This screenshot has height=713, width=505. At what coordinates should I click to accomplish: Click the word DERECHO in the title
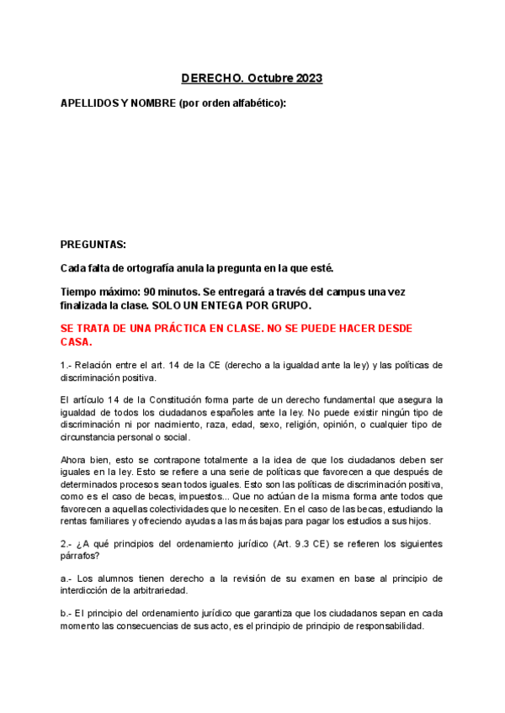coord(211,78)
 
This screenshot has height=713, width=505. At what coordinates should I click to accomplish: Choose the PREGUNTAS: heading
coord(93,245)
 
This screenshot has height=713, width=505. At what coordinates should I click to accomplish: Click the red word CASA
coord(75,342)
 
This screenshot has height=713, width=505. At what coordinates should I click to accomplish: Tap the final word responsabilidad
coord(384,626)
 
